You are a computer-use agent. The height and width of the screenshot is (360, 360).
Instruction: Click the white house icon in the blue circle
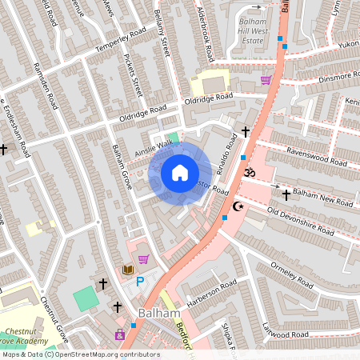180,172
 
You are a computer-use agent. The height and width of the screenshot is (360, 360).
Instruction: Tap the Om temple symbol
248,172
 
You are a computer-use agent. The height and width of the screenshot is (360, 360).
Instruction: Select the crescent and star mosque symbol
236,206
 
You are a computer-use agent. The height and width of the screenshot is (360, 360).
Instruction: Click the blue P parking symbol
141,281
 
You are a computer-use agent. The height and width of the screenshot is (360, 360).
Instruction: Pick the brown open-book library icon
127,270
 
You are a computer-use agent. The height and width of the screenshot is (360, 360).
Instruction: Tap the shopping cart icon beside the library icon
143,259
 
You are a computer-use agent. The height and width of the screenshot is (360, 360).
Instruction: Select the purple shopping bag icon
120,334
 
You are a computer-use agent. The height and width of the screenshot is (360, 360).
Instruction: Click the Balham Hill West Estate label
255,31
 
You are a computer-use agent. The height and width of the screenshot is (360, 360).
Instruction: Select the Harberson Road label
212,294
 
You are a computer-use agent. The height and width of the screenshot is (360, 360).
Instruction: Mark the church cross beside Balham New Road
286,194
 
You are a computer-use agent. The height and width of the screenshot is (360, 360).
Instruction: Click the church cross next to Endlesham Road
4,149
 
